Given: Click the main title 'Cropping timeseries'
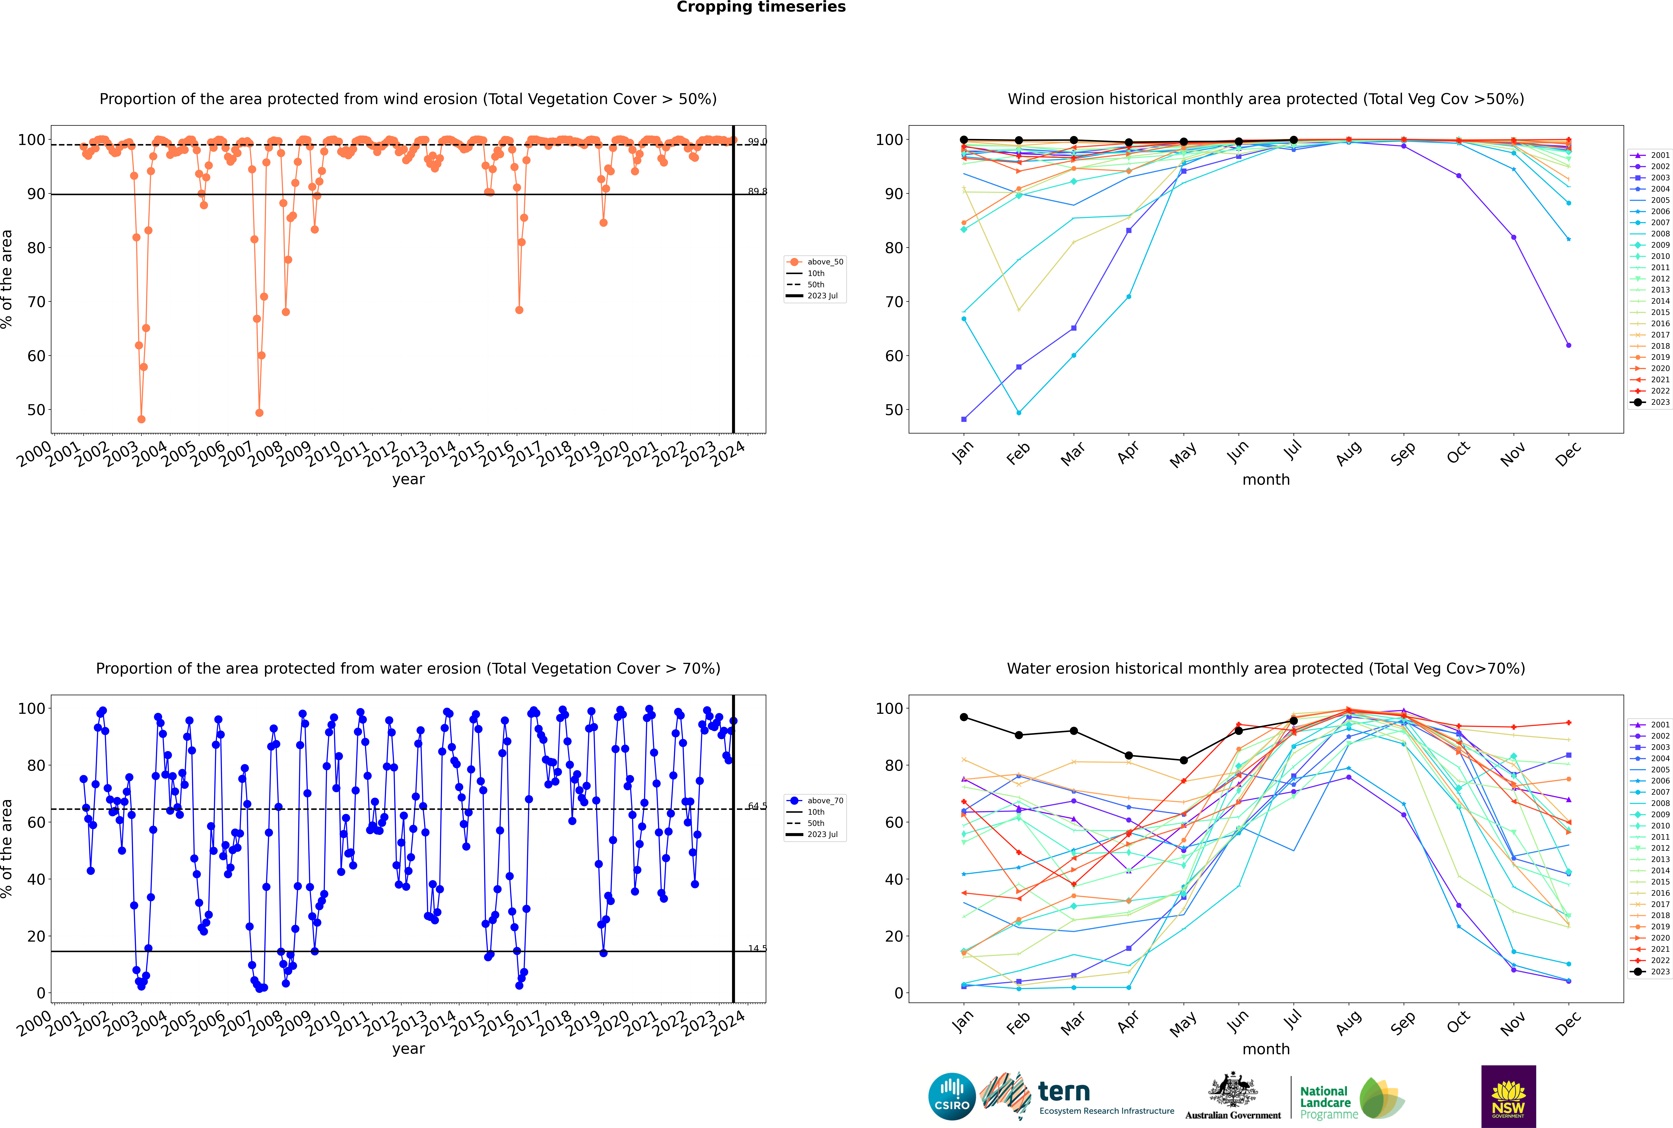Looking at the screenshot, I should coord(761,7).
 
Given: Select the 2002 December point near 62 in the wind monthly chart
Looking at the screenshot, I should coord(1569,345).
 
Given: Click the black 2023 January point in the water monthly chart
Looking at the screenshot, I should coord(964,717).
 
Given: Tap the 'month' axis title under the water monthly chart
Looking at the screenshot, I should coord(1266,1049).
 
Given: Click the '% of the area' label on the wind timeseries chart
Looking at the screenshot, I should coord(7,279).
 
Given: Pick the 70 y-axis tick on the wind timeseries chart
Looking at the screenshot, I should coord(36,302).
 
